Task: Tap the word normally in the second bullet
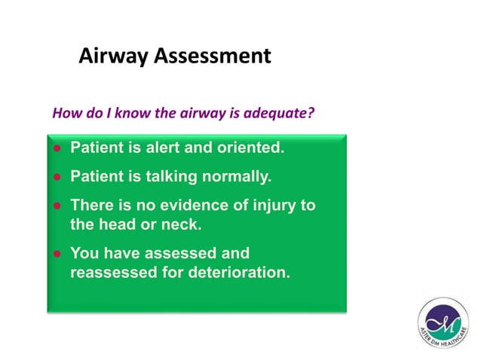232,177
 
